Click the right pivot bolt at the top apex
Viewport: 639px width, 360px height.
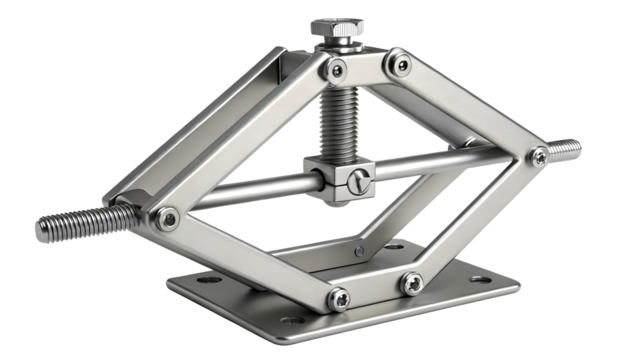pos(401,66)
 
